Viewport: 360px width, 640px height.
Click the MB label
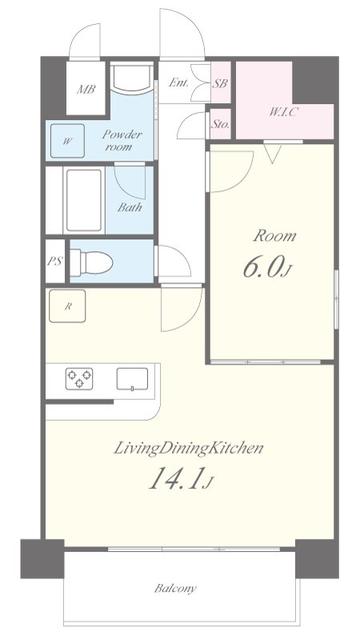click(86, 90)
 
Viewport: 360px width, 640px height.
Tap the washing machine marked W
click(67, 141)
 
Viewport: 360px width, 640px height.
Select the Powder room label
click(122, 140)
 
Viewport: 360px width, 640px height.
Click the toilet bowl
click(91, 262)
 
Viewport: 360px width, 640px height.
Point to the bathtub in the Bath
click(84, 201)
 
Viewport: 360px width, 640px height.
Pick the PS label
click(54, 262)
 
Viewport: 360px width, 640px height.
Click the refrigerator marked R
click(67, 306)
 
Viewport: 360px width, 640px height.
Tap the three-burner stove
click(79, 378)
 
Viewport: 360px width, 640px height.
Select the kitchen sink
click(132, 378)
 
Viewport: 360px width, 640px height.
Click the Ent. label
click(178, 82)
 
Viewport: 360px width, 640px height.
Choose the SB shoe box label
click(220, 83)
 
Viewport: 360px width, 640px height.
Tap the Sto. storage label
click(220, 124)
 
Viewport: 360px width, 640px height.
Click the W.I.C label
click(282, 112)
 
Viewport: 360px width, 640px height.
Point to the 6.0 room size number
click(262, 268)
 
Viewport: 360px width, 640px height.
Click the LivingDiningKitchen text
click(188, 449)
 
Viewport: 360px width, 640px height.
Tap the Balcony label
click(175, 588)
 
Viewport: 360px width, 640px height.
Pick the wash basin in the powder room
click(131, 78)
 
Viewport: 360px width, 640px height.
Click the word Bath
click(130, 207)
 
